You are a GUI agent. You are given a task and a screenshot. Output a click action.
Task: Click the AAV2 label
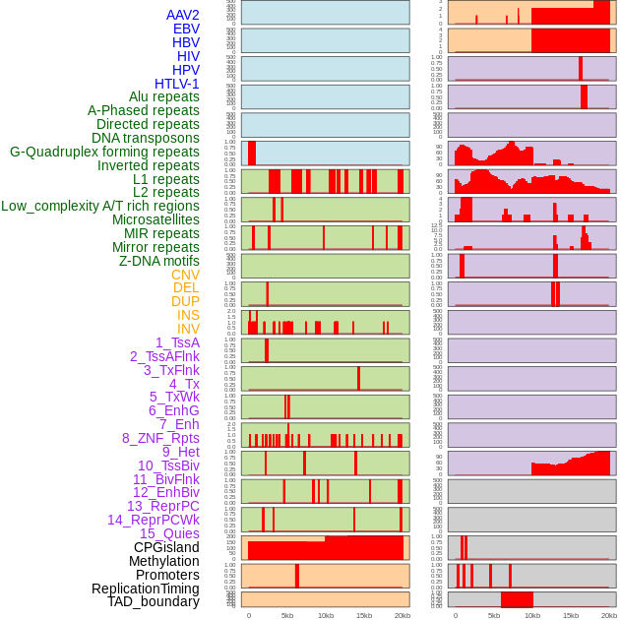tap(183, 15)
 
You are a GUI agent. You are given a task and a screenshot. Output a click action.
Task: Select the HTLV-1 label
tap(177, 84)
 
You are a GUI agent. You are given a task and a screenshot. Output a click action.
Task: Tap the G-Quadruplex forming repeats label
tap(104, 152)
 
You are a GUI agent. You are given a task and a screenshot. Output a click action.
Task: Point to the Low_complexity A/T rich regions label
tap(100, 206)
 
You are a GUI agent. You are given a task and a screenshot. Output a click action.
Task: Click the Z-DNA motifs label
tap(159, 261)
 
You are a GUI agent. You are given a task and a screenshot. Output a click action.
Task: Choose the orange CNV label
tap(185, 275)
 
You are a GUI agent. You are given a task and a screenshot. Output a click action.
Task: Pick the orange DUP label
tap(185, 301)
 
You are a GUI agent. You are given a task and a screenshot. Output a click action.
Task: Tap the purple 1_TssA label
tap(177, 342)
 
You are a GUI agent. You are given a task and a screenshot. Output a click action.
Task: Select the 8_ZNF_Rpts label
tap(160, 438)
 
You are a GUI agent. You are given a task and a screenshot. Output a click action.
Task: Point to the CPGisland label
tap(166, 547)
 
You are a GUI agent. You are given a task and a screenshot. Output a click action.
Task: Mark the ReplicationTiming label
tap(146, 589)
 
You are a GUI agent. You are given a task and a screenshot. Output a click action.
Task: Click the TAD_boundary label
tap(154, 601)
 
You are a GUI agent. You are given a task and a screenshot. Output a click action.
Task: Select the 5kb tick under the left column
tap(287, 615)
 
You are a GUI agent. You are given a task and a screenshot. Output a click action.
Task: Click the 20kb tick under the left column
tap(402, 615)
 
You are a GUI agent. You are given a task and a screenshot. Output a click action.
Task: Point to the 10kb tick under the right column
tap(532, 615)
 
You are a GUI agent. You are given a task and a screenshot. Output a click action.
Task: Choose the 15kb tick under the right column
tap(571, 615)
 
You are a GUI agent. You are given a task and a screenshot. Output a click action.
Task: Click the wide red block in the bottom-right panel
tap(517, 599)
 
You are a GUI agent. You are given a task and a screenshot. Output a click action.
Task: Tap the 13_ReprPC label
tap(163, 506)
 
